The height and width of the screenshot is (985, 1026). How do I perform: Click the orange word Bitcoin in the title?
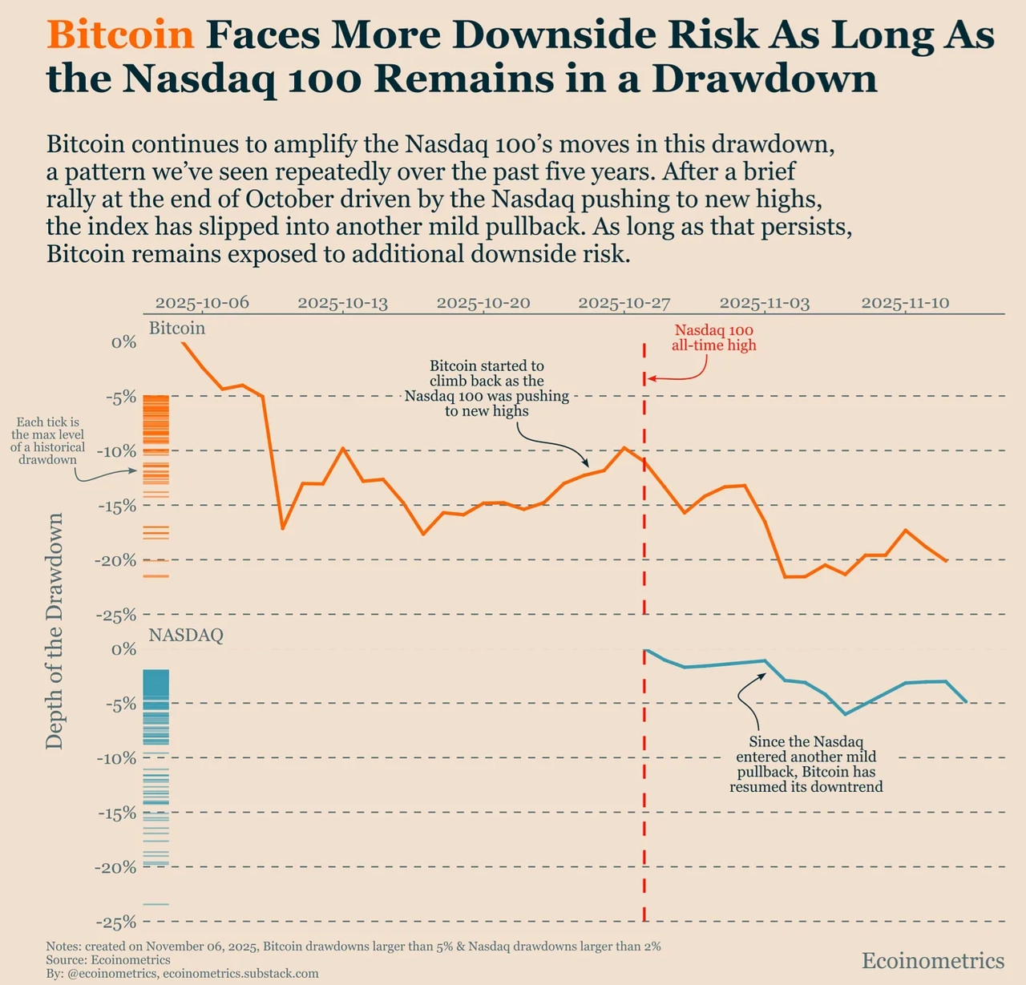[x=120, y=35]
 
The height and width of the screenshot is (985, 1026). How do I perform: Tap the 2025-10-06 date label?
[x=202, y=303]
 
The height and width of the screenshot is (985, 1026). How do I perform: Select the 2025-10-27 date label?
[x=624, y=303]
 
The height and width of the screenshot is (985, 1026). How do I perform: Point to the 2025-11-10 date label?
[x=905, y=303]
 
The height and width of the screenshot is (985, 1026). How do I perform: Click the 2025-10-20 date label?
[x=483, y=303]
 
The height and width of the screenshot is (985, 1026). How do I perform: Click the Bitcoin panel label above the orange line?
[x=177, y=329]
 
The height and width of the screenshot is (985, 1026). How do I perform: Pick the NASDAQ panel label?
[x=186, y=636]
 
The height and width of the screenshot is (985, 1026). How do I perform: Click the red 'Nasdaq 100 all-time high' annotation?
[x=713, y=337]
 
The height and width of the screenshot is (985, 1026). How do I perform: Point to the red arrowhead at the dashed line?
[x=650, y=378]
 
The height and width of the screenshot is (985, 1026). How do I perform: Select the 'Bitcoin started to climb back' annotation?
[x=487, y=389]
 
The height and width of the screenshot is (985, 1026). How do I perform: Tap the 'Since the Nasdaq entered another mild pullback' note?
[x=806, y=765]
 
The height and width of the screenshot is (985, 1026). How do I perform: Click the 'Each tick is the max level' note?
[x=47, y=441]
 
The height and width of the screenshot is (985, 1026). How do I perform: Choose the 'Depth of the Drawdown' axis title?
[x=55, y=632]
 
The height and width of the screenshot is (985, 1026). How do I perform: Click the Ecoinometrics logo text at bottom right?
[x=933, y=961]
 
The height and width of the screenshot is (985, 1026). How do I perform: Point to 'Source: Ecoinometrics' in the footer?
[x=108, y=960]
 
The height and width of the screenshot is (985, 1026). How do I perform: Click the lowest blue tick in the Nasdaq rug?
[x=156, y=904]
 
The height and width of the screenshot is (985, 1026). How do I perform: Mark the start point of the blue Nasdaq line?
[x=645, y=650]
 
